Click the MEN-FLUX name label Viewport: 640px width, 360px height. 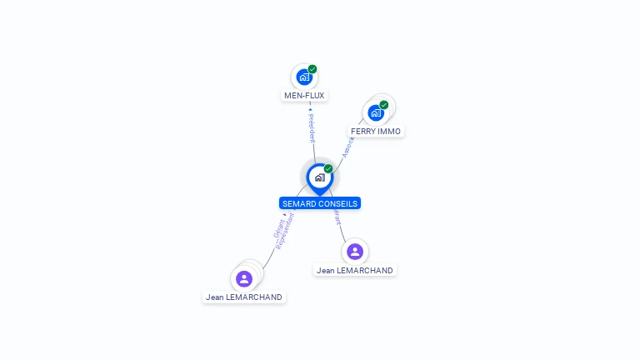[x=304, y=95]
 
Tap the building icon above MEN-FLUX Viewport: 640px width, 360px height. [x=304, y=77]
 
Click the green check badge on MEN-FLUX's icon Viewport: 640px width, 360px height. [x=312, y=69]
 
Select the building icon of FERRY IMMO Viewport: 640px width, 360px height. [x=376, y=112]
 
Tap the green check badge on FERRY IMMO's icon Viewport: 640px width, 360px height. [x=384, y=105]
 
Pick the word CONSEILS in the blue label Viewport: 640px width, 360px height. [x=339, y=203]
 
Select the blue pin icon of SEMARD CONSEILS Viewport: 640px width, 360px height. [x=319, y=177]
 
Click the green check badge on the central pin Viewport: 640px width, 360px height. [x=328, y=168]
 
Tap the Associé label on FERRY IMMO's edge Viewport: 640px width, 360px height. [x=348, y=147]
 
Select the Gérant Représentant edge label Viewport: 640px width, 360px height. [x=283, y=230]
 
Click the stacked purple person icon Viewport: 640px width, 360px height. [x=244, y=278]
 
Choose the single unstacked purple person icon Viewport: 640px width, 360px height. [x=355, y=251]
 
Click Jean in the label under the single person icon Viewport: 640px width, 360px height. [x=326, y=271]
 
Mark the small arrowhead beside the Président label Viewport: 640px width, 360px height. [x=310, y=109]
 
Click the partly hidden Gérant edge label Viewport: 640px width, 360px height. [x=337, y=216]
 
